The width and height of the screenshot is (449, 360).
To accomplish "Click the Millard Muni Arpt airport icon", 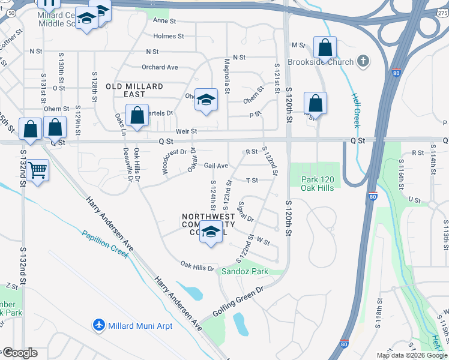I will [99, 325].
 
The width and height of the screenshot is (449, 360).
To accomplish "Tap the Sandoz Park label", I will [244, 271].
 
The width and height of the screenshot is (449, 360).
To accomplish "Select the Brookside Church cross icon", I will [363, 61].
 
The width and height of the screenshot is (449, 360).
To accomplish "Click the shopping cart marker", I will [38, 171].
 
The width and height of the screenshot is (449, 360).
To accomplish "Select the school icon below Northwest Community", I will [211, 233].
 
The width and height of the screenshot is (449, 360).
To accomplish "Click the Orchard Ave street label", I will [160, 67].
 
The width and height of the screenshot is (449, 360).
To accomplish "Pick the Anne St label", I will [164, 20].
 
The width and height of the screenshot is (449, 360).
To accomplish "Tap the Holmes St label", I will [169, 36].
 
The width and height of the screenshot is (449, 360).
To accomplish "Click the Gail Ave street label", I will [216, 166].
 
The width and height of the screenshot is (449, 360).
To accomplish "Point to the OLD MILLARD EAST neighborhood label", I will [134, 91].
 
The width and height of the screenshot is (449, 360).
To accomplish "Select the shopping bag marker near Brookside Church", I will [325, 47].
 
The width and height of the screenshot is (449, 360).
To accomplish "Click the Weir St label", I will [186, 131].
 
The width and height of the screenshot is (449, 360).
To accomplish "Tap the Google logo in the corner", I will [19, 353].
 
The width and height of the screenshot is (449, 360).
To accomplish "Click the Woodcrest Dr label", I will [175, 152].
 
